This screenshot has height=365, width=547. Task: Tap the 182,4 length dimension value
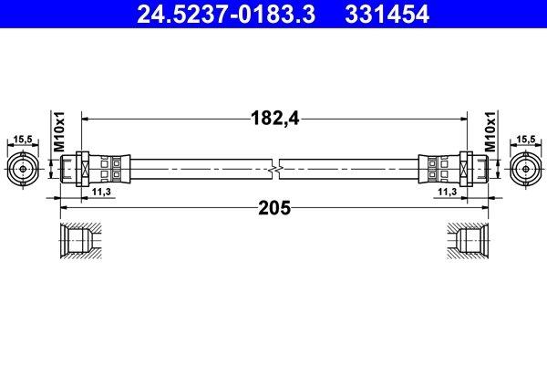point(274,117)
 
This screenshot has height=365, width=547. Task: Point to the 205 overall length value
point(274,208)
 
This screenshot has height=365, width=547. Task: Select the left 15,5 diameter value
point(23,140)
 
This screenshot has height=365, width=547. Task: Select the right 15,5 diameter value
point(524,140)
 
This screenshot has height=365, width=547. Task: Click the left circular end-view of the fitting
point(23,169)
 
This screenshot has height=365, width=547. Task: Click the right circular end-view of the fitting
point(524,169)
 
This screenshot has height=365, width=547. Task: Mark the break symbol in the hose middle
point(274,169)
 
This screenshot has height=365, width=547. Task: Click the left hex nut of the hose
point(82,169)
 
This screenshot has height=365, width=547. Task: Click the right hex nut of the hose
point(466,169)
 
